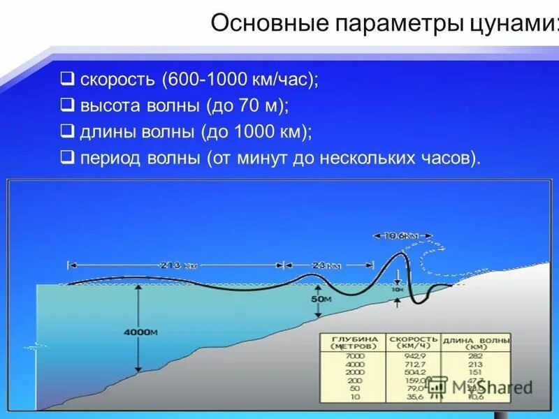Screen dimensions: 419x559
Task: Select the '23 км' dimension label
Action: tap(326, 265)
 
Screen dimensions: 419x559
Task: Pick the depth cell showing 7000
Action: tap(355, 355)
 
